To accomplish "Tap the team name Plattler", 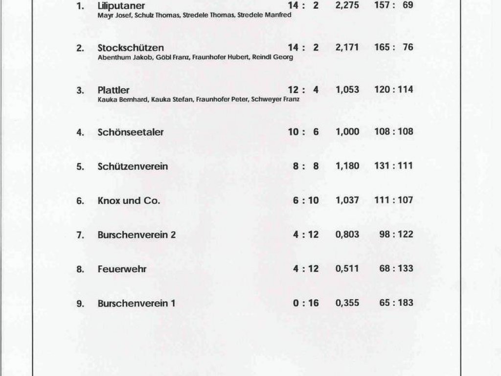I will (x=114, y=90).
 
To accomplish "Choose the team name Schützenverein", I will (x=133, y=166).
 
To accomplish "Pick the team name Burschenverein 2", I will (x=137, y=235).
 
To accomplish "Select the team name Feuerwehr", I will (x=122, y=269).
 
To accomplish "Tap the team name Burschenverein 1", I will (x=136, y=304).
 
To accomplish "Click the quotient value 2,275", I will (x=347, y=6).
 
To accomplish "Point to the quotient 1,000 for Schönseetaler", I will (x=347, y=132).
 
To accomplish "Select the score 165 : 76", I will (x=393, y=47).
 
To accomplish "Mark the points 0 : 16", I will (x=306, y=303).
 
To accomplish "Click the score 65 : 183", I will (x=396, y=303).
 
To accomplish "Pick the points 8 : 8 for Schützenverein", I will (x=306, y=166).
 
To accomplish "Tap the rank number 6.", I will (x=80, y=201).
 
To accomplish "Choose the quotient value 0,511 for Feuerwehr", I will (x=347, y=269).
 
